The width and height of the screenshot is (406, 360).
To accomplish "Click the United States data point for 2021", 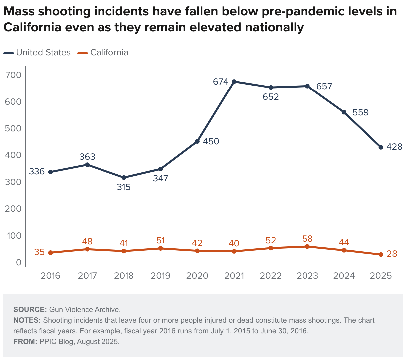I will [x=234, y=82].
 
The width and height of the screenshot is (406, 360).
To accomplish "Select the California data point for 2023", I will [x=307, y=247].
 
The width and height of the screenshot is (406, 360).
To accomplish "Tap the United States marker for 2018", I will [x=124, y=178].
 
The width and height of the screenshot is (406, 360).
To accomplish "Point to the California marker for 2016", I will [x=51, y=253].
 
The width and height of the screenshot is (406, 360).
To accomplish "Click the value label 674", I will [x=220, y=82].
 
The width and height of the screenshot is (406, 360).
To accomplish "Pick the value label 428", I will [x=395, y=147].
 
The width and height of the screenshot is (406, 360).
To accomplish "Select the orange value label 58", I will [x=307, y=239].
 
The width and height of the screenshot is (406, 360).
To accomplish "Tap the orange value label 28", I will [x=392, y=254].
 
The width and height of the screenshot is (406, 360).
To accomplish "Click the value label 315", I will [x=124, y=187].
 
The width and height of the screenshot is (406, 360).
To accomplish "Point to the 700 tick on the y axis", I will [x=13, y=75].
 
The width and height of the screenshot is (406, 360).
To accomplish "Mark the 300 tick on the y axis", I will [x=13, y=182].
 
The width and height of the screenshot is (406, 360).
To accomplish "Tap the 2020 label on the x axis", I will [x=197, y=276].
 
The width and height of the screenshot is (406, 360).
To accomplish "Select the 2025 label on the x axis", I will [x=381, y=276].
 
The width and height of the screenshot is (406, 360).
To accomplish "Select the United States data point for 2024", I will [x=344, y=112].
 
